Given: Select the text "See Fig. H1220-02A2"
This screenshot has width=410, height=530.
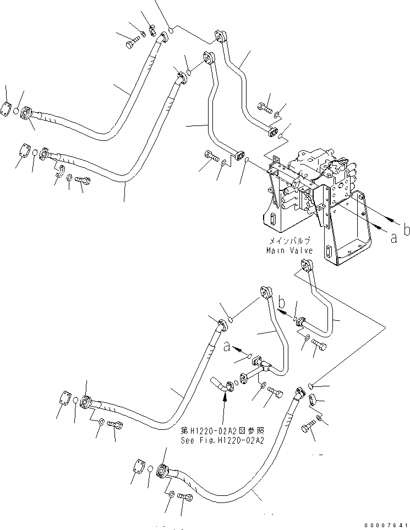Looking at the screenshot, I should (x=223, y=440).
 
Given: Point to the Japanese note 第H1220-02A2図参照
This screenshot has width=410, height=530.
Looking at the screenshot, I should (x=223, y=431).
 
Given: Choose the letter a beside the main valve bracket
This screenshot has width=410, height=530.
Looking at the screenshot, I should (x=393, y=238).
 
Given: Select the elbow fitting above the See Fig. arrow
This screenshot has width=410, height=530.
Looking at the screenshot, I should (x=222, y=384).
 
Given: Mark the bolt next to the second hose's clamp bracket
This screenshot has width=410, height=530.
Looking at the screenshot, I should (x=82, y=180).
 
